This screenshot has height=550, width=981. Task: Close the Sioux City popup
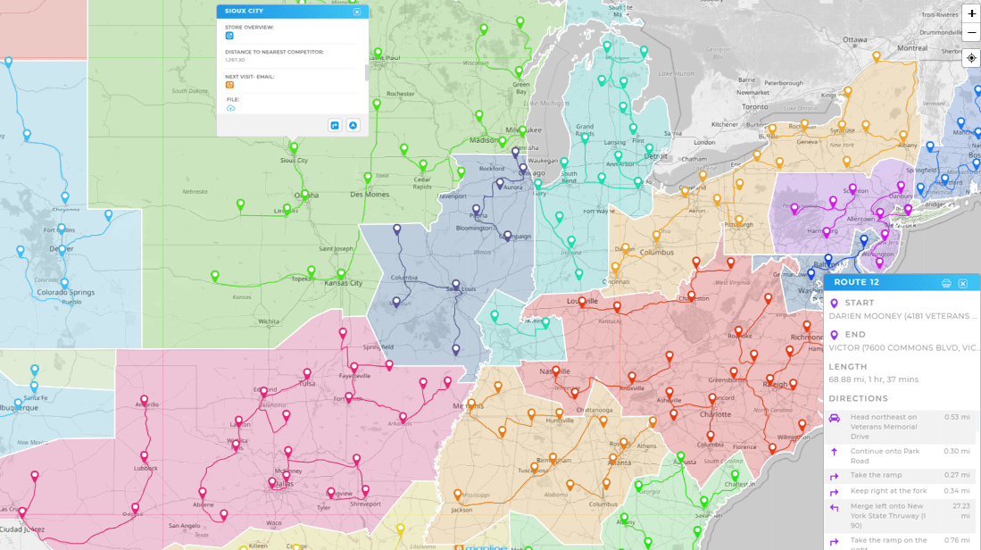pos(357,12)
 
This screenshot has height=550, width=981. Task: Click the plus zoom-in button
pos(971,13)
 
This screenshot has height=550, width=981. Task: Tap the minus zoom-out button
pos(971,33)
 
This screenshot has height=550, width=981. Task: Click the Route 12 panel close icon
pos(963,283)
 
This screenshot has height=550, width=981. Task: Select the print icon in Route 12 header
pos(946,283)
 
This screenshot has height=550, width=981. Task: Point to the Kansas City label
pos(344,283)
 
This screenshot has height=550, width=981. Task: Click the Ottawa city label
pos(855,40)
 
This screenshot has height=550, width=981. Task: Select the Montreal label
pos(912,47)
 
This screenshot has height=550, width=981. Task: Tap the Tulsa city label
pos(306,384)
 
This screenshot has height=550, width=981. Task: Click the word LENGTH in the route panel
pos(847,367)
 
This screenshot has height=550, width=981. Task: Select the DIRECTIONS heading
pos(858,398)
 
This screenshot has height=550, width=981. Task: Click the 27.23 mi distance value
pos(958,505)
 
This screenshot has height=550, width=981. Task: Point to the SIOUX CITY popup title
pos(243,12)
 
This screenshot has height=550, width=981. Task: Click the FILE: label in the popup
pos(233,99)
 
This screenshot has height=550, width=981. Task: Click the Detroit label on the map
pos(656,156)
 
